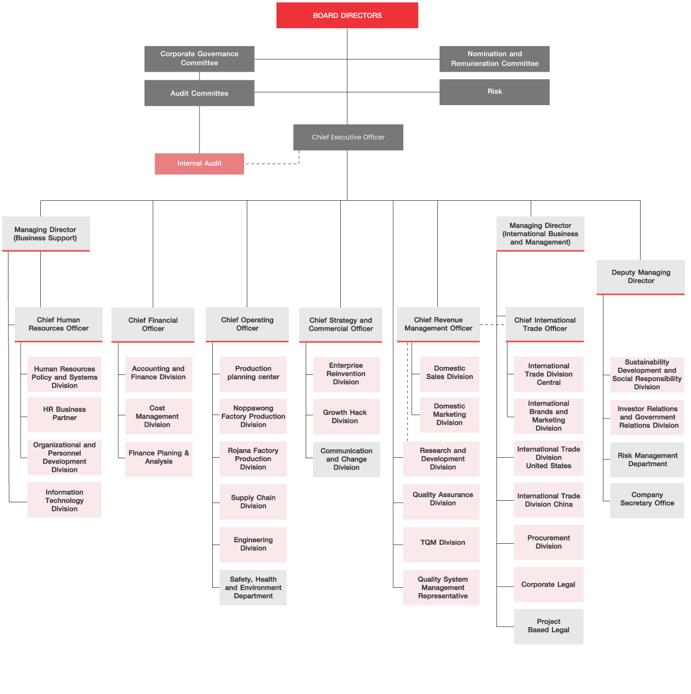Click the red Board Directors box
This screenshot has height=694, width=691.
tap(347, 15)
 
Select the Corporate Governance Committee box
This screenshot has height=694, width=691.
tap(199, 59)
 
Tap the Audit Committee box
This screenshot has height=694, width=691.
tap(199, 93)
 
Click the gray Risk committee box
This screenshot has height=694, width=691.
tap(494, 92)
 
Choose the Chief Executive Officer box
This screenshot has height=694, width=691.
tap(348, 137)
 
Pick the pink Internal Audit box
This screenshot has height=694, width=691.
tap(199, 164)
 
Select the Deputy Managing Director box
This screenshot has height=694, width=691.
tap(640, 277)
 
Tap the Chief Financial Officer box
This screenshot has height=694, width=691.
tap(153, 324)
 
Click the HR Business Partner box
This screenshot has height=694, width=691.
tap(64, 414)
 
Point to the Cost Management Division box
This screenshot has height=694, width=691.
tap(159, 416)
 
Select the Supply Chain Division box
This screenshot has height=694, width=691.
tap(253, 501)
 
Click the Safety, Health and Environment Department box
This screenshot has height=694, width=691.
tap(253, 587)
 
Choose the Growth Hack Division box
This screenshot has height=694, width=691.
tap(346, 416)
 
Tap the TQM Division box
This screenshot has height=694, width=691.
tap(440, 544)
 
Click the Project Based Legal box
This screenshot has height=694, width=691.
tap(548, 626)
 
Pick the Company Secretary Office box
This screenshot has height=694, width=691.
tap(647, 501)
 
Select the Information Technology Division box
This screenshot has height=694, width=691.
tap(64, 500)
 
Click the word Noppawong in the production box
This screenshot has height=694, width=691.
tap(253, 408)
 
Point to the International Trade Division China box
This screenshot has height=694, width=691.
tap(548, 500)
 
